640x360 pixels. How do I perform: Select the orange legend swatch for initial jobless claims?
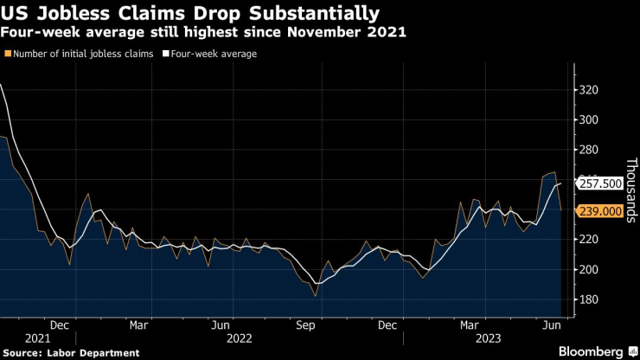[8, 54]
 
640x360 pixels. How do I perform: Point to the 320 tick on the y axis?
[589, 89]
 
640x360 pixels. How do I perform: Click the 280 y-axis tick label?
[589, 150]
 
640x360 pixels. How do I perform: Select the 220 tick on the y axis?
[589, 240]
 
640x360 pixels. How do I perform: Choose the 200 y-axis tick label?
[589, 270]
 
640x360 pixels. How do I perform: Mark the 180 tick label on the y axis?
[589, 300]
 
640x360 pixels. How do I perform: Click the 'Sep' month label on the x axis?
[304, 325]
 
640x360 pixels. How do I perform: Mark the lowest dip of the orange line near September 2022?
[315, 296]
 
